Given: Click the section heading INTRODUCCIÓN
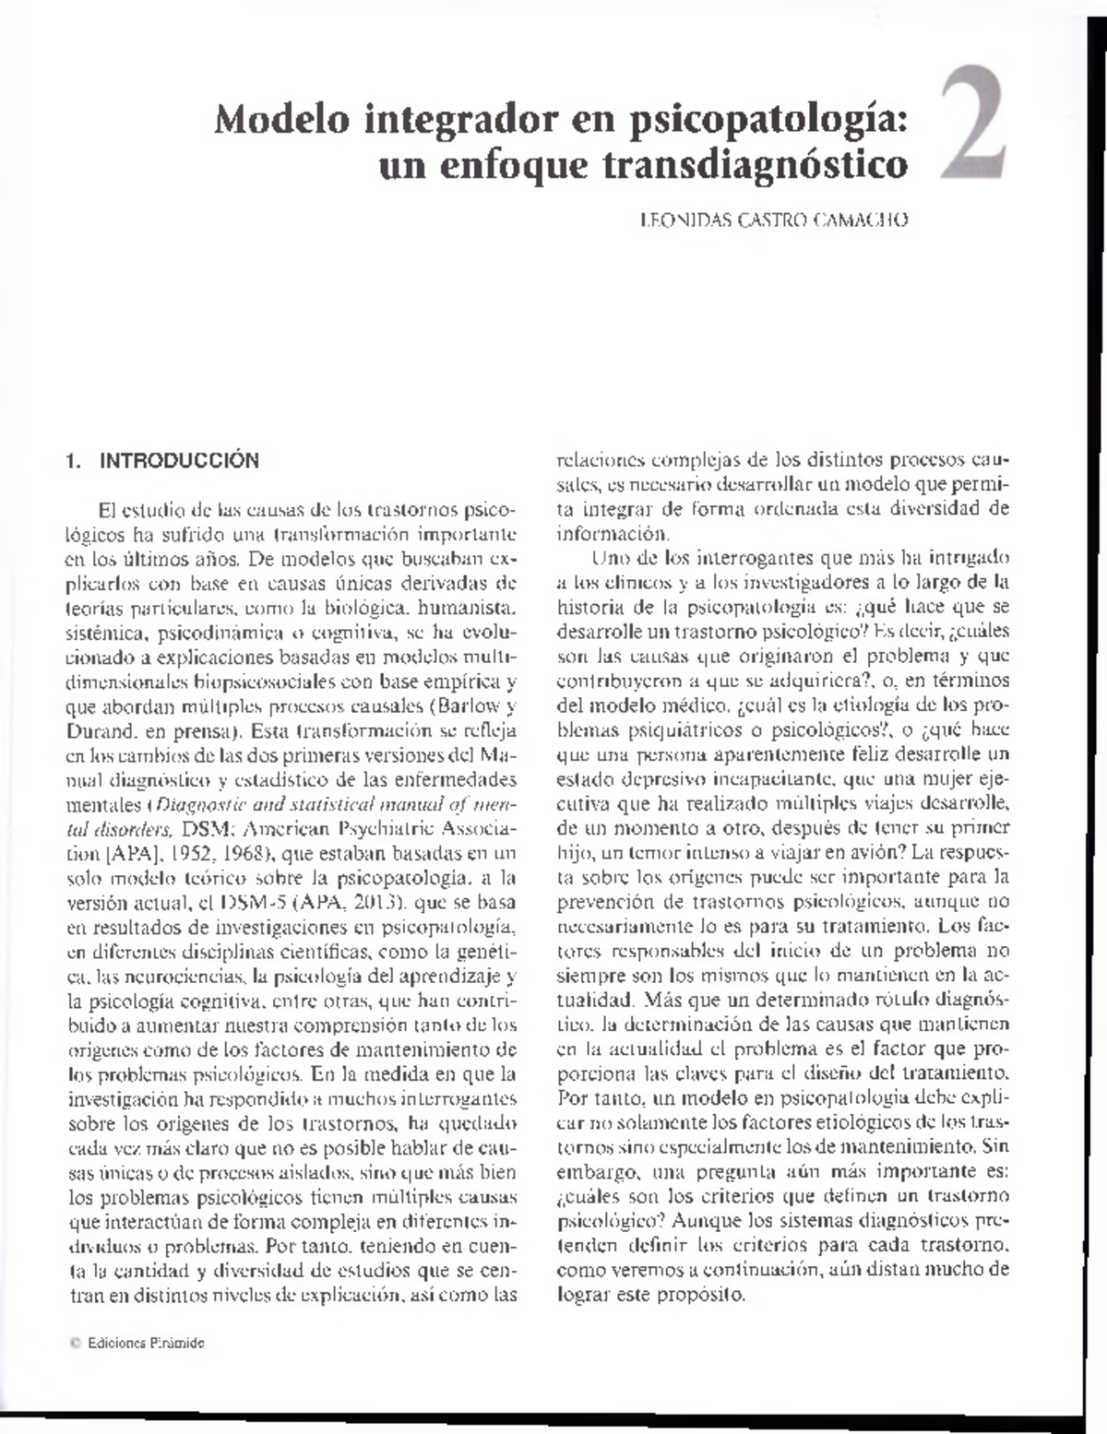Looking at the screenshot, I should click(x=179, y=460).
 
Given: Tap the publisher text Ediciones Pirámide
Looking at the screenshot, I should click(x=146, y=1344).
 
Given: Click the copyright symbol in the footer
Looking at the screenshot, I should click(x=76, y=1344).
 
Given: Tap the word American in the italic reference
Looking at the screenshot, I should click(x=282, y=828).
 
